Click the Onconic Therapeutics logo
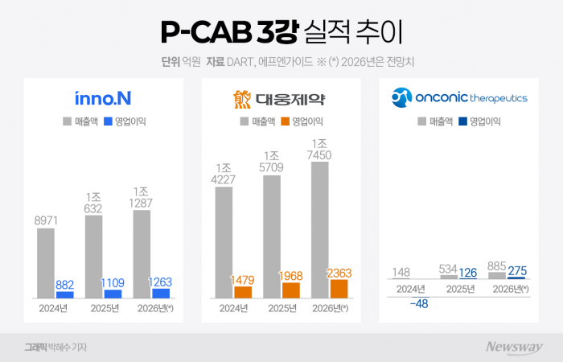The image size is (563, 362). coord(458,97)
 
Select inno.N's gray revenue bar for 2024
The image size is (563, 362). coord(46,263)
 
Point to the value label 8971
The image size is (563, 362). coord(46,218)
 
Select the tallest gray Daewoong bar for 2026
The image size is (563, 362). coord(319,230)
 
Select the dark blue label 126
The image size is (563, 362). coord(468,273)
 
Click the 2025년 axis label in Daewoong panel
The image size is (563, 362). coord(281,308)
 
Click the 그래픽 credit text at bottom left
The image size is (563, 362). coord(35,347)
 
